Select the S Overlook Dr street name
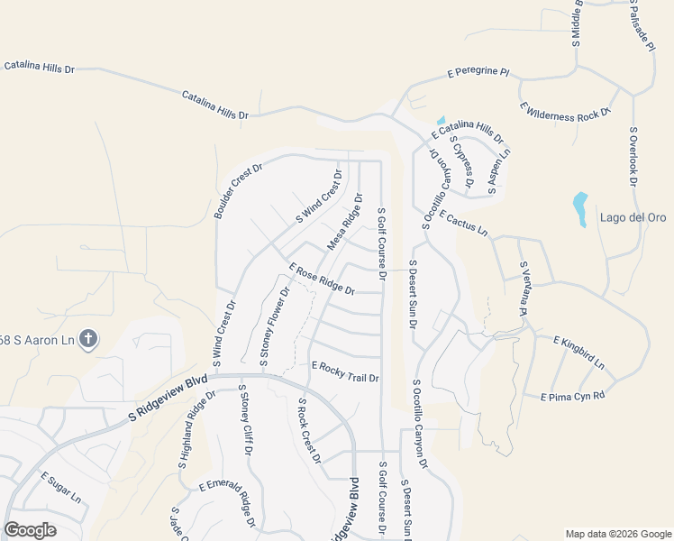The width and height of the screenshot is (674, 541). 634,157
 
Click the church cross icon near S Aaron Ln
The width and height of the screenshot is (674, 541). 87,339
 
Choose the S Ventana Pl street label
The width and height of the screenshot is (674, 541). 522,288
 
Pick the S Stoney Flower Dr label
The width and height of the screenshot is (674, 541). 275,326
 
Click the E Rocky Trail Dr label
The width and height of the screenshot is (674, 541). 345,371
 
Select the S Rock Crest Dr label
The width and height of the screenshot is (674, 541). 309,431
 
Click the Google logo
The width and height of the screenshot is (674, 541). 30,530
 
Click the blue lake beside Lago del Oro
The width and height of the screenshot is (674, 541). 580,208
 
